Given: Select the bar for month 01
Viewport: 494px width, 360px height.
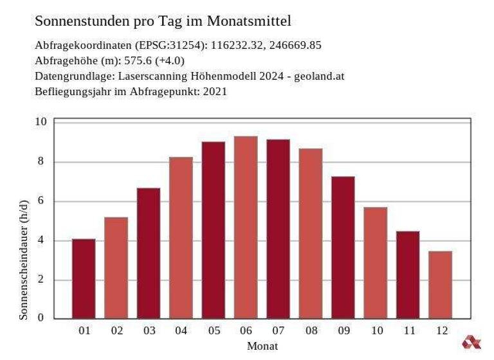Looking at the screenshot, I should pos(84,278).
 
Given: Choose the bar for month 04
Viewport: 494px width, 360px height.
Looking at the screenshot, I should pos(181,237).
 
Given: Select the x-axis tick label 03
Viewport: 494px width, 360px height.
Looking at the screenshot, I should pos(149,331).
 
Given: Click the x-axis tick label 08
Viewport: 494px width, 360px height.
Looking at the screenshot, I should pos(311,331).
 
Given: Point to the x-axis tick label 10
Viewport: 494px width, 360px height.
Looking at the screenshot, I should pos(376,331).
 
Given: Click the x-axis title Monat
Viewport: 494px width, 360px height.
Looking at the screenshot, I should pos(262,346).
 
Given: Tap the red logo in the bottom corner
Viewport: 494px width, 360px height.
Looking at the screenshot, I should pos(471,342).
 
